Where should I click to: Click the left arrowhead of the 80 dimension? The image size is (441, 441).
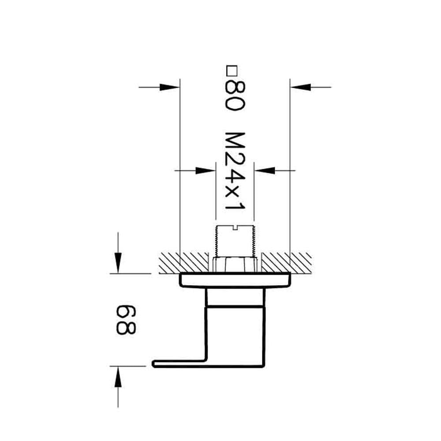170,87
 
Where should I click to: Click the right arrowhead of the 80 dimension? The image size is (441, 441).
300,87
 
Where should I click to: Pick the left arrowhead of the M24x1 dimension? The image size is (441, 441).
205,170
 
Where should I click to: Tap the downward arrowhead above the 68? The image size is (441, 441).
118,262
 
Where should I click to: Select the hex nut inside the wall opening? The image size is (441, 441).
235,265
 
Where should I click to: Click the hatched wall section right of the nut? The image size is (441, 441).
287,262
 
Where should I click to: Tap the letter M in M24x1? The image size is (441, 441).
234,141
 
